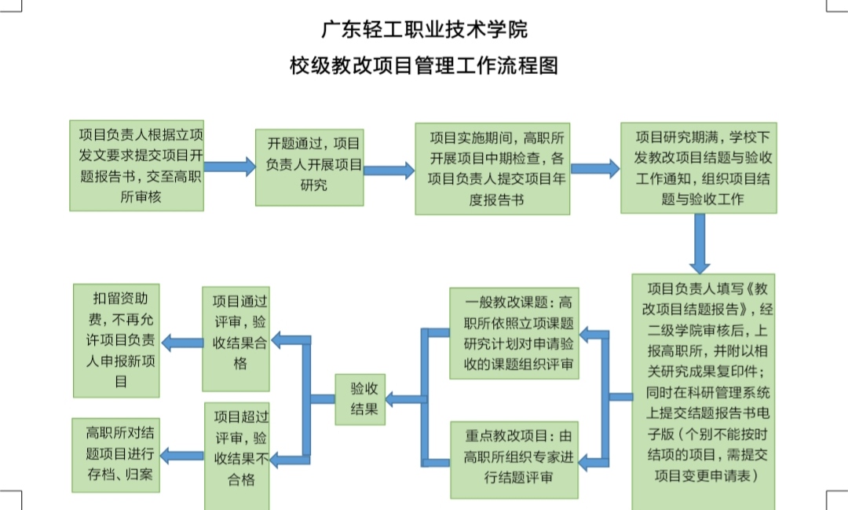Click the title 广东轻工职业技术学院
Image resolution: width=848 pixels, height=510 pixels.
coord(424,30)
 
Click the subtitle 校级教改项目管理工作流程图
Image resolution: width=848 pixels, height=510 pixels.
coord(424,66)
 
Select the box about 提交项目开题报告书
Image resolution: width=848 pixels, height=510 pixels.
coord(137,165)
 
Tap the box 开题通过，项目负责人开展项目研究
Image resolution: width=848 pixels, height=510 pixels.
coord(309,167)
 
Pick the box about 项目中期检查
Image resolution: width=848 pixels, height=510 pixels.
coord(493,168)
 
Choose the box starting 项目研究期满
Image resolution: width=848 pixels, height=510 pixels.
coord(698,167)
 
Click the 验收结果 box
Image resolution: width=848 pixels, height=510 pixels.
coord(360,399)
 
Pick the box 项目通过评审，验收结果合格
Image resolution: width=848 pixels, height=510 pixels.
coord(236,339)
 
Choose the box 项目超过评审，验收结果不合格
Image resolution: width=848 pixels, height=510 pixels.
coord(236,457)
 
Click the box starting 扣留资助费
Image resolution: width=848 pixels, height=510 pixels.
coord(116,339)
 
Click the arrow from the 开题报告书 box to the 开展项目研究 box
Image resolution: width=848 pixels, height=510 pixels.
coord(229,167)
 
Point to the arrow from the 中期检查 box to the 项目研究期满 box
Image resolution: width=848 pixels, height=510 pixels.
coord(595,168)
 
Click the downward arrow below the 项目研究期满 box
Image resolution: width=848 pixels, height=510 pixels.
coord(698,244)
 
